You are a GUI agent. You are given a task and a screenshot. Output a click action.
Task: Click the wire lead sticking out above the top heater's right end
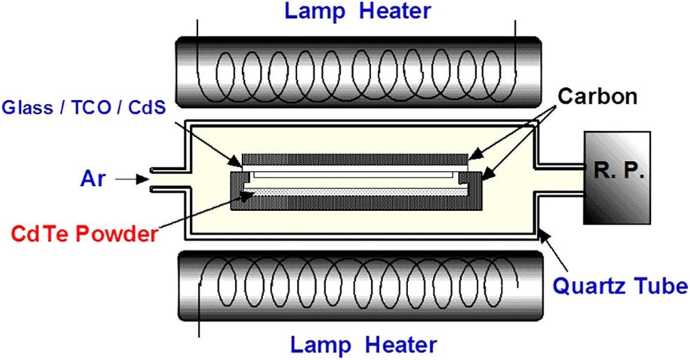[513, 29]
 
